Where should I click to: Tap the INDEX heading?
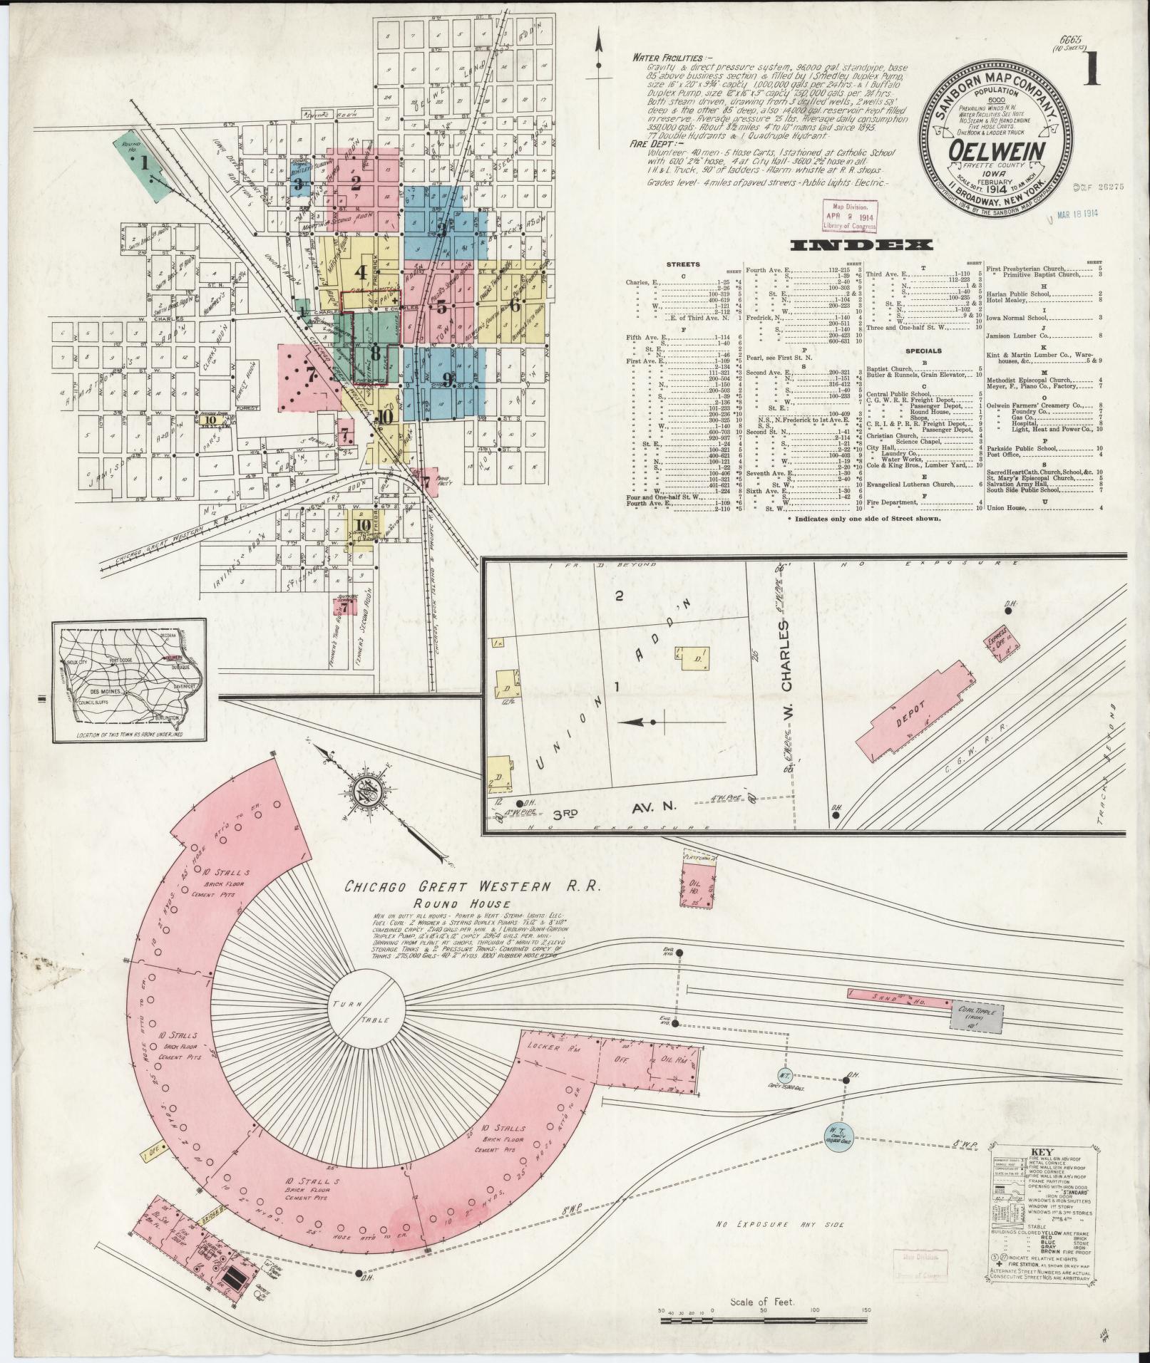click(x=862, y=246)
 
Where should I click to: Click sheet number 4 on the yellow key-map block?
click(x=361, y=272)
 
